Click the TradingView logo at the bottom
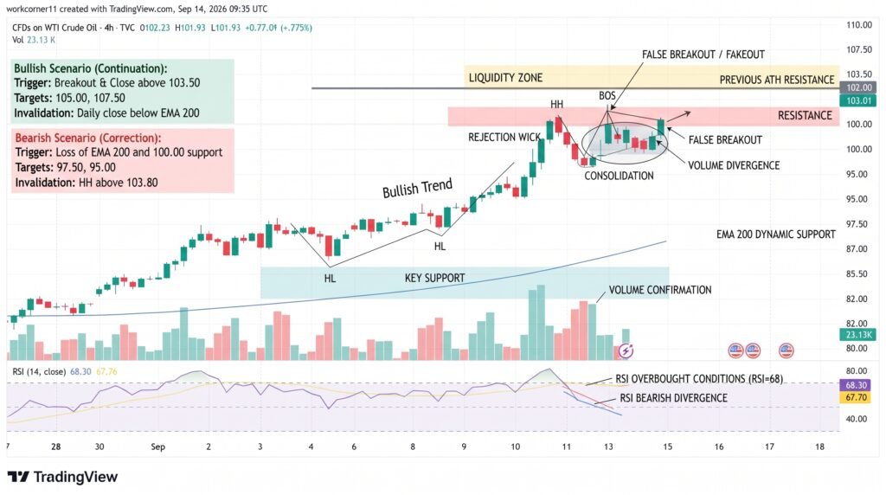point(62,477)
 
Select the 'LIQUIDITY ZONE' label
point(505,78)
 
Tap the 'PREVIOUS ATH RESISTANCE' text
point(776,80)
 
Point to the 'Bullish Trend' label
point(418,188)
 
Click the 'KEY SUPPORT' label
point(434,278)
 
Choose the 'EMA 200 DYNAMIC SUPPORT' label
point(776,234)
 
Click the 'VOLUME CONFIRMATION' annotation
point(660,290)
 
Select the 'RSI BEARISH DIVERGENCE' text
point(673,398)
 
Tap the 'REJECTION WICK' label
point(504,138)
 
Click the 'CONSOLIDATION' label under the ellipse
point(619,176)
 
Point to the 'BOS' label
point(607,95)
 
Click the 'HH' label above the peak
point(556,104)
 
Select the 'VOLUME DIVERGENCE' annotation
point(734,165)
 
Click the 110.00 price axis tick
point(859,25)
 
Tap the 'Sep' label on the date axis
point(157,447)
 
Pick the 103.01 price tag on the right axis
point(859,100)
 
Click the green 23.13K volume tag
point(859,335)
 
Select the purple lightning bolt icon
point(626,350)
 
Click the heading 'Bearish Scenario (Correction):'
point(88,138)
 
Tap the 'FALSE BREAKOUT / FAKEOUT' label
point(703,55)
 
